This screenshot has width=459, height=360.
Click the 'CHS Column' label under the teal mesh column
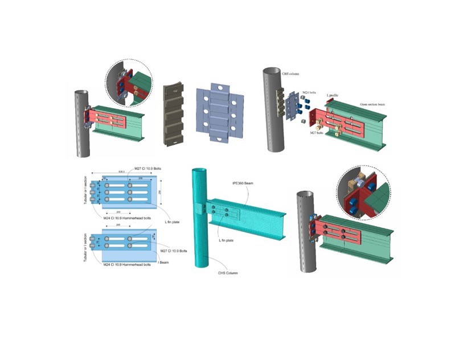click(227, 273)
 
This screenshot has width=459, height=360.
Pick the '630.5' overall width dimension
click(122, 171)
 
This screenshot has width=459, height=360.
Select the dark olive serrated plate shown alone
click(174, 117)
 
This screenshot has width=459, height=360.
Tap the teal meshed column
click(200, 239)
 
